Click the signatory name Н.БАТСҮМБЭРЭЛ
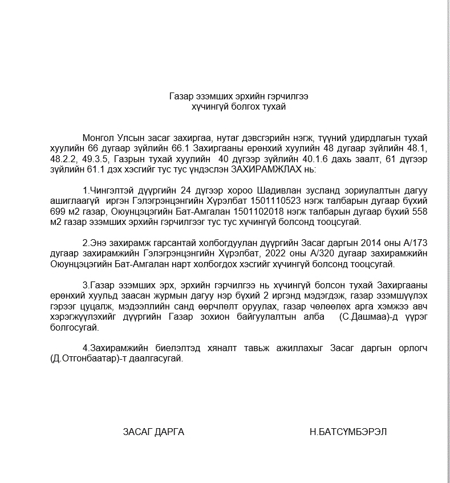coord(347,432)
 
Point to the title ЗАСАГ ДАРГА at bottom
coord(153,432)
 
